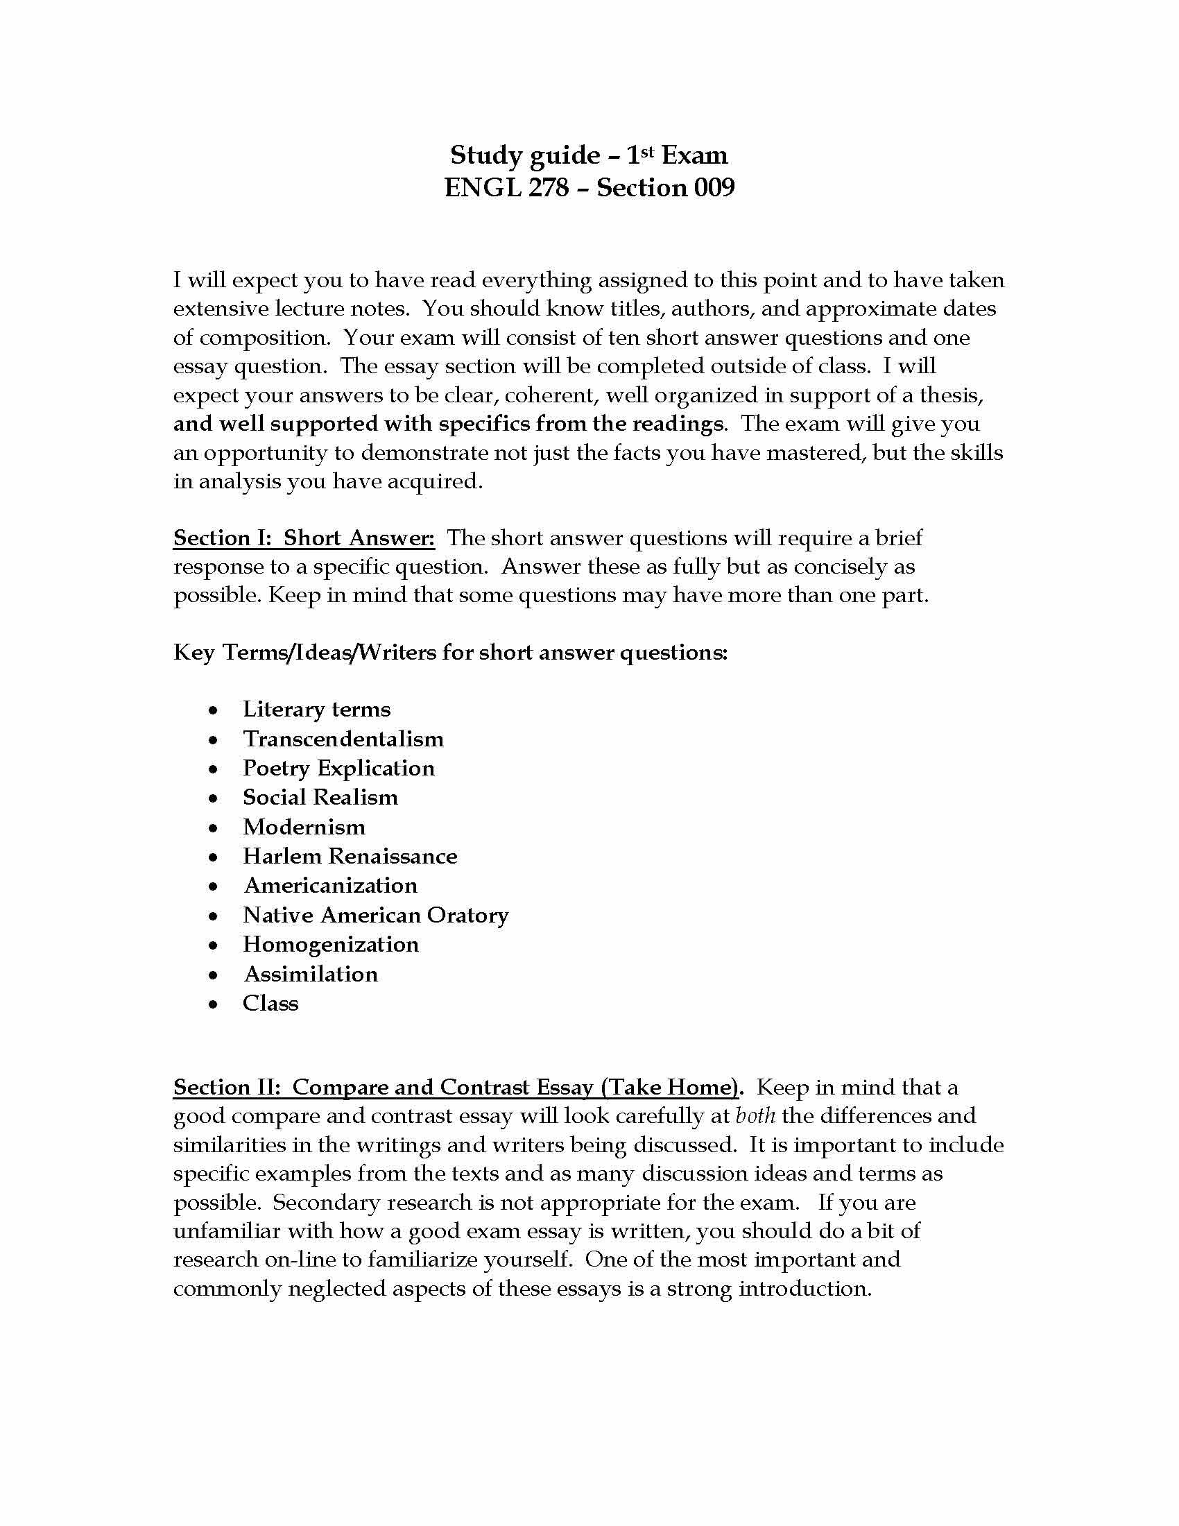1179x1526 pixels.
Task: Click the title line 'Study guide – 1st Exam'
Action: [589, 155]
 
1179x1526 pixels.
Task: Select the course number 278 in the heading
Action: [549, 187]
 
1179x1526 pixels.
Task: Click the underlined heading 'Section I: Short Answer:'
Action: [304, 538]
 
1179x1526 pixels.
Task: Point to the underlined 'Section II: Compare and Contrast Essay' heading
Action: [456, 1087]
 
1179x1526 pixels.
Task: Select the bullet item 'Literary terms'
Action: [316, 709]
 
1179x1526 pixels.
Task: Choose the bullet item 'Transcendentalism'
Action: [343, 739]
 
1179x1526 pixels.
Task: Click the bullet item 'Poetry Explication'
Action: [338, 768]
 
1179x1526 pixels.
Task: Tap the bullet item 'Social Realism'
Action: [320, 797]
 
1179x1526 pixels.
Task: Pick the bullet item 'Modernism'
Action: [304, 828]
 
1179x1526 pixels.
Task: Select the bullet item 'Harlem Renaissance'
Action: [350, 856]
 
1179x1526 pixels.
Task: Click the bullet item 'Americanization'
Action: [330, 885]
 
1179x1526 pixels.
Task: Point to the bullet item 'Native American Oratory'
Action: [376, 916]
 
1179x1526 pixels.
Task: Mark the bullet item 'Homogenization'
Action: [331, 945]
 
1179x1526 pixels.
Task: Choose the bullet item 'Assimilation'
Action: [311, 974]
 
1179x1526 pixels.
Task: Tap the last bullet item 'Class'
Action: [270, 1004]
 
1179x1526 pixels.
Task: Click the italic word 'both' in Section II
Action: [756, 1116]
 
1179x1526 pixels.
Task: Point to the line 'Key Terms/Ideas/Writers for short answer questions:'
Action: [451, 653]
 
